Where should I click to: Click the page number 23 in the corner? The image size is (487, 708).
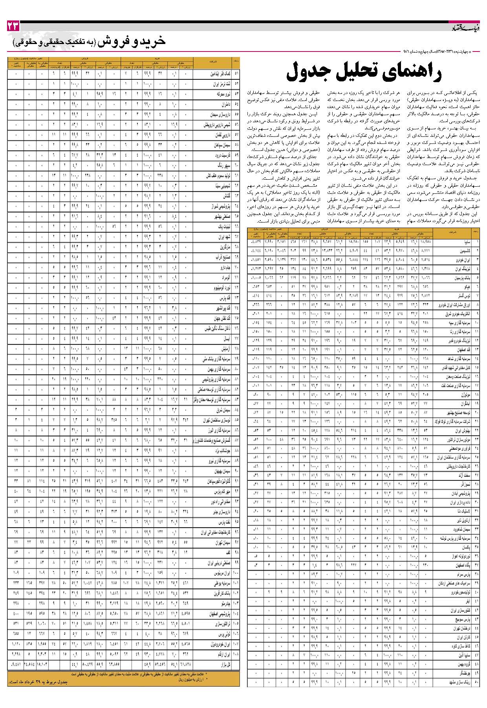tap(13, 27)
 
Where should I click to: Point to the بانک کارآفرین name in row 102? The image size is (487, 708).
tap(222, 593)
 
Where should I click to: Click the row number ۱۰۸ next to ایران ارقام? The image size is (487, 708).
tap(236, 654)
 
